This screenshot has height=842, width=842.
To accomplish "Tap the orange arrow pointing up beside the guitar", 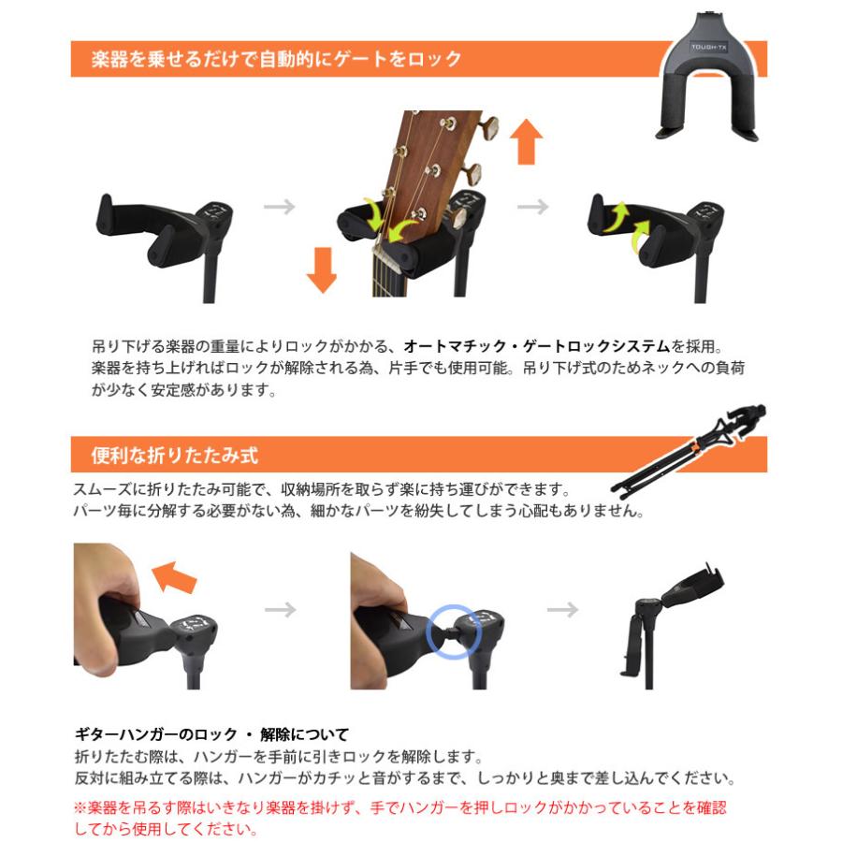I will [x=527, y=141].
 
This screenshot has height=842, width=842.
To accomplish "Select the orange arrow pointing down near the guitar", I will [x=321, y=269].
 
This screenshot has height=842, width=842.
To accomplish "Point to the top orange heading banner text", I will [x=277, y=60].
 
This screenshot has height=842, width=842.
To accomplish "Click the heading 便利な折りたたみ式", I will [x=174, y=456].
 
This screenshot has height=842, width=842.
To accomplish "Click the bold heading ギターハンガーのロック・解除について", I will [x=210, y=734].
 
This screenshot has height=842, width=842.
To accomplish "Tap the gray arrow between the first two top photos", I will [x=279, y=207].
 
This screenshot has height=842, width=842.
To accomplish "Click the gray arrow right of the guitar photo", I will [x=533, y=207].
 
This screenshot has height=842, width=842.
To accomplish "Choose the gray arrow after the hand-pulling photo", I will [x=280, y=610].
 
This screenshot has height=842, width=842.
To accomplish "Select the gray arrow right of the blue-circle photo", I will [x=562, y=610].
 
